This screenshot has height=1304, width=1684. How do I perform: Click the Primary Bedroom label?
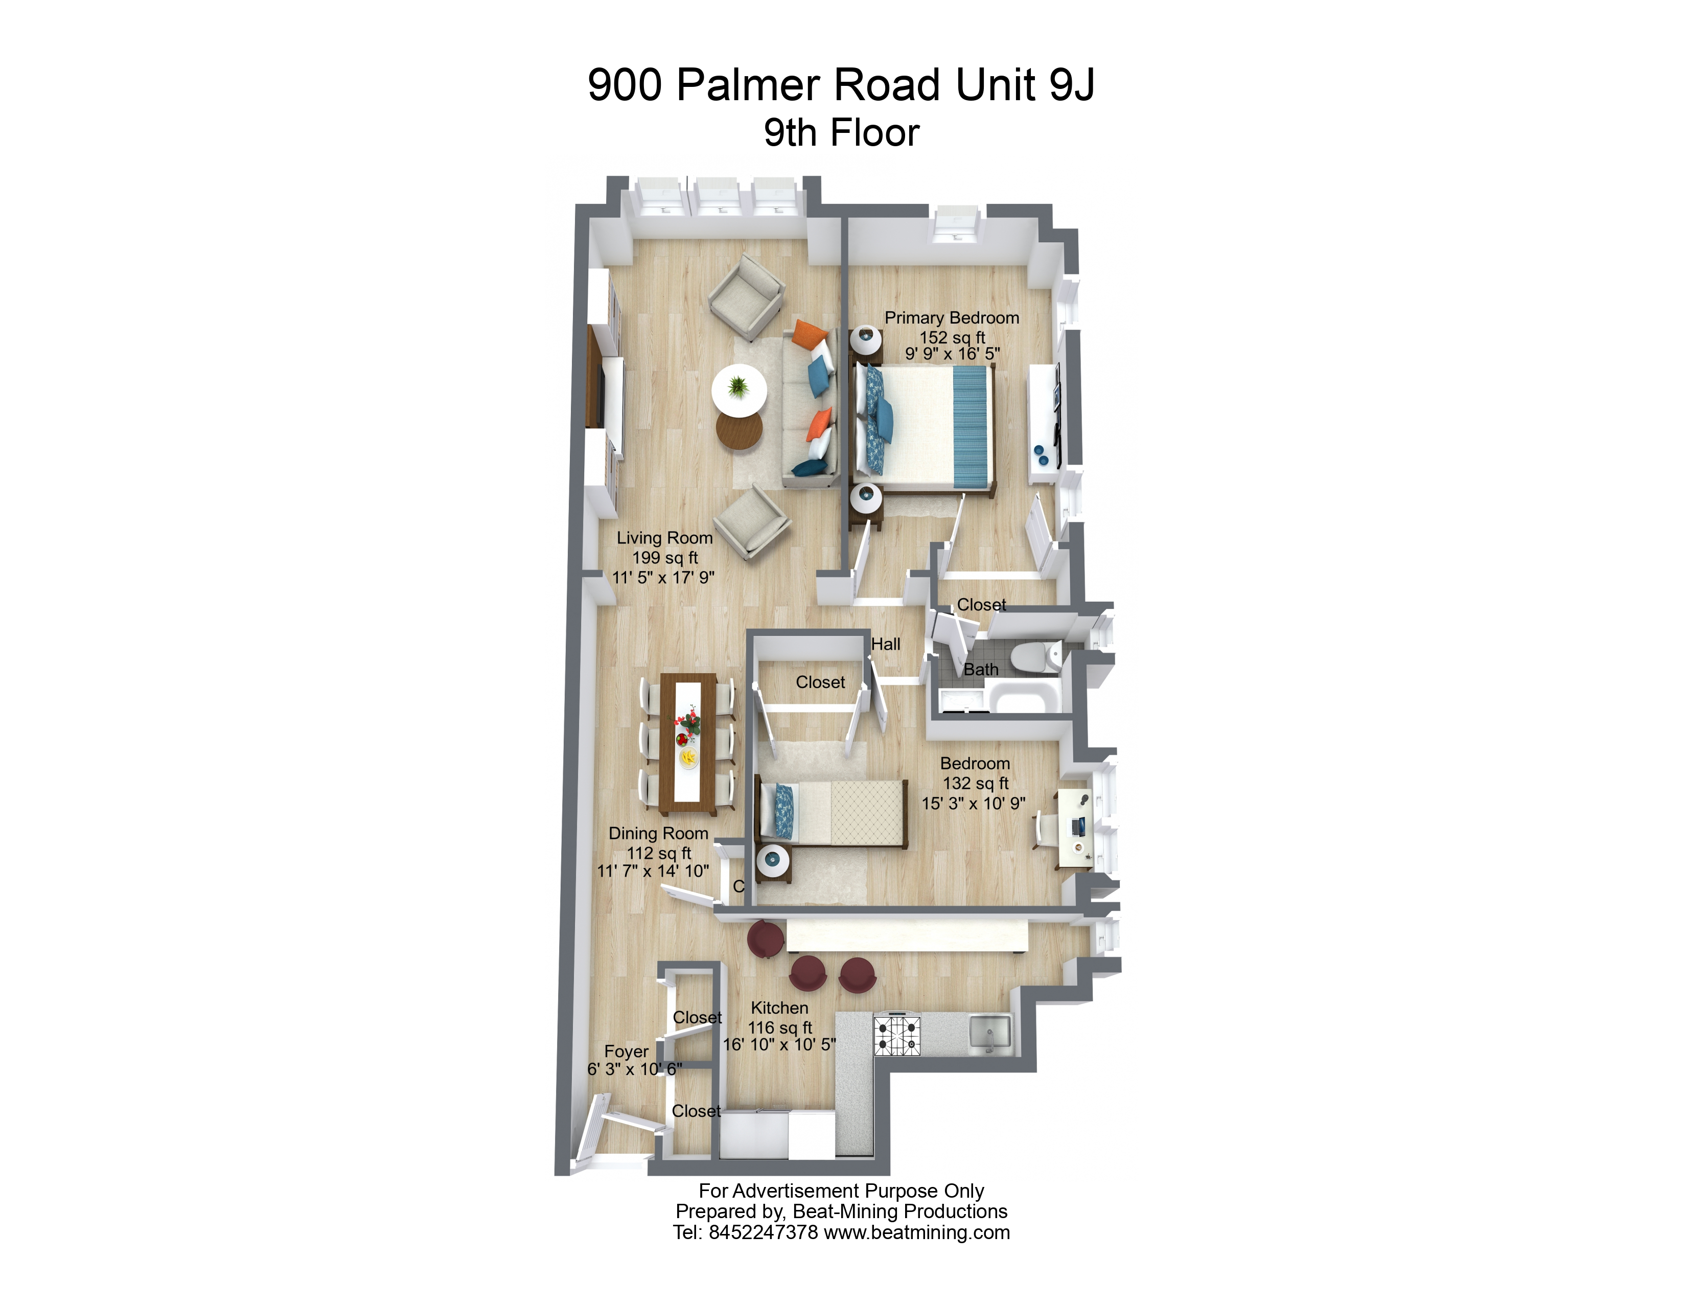(x=952, y=318)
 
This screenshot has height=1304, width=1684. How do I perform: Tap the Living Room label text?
(x=664, y=538)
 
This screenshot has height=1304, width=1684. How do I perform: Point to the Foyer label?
(x=626, y=1051)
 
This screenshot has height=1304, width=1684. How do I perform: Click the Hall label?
(x=885, y=644)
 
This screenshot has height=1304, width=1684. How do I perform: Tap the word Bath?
(x=981, y=669)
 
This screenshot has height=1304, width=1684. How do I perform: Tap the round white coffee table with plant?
(x=739, y=388)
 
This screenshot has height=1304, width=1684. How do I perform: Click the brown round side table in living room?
(x=739, y=431)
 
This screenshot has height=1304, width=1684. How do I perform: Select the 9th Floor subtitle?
(x=841, y=132)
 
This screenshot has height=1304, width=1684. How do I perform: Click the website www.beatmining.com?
(x=917, y=1232)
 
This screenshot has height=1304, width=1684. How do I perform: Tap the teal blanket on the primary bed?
(x=970, y=426)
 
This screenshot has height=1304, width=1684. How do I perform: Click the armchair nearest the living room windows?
(x=746, y=297)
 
